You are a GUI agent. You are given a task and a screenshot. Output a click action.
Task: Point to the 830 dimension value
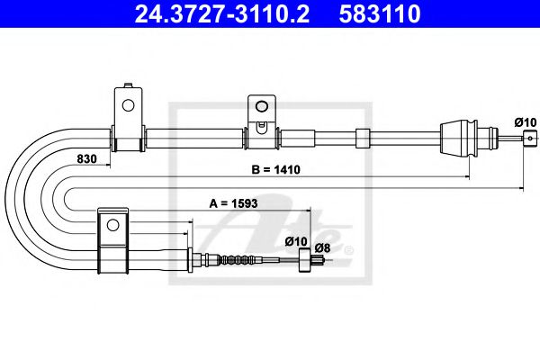coord(87,159)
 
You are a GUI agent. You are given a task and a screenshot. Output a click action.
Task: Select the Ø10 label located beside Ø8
coord(295,240)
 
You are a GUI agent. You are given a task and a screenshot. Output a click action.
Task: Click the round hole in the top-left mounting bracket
coord(127,105)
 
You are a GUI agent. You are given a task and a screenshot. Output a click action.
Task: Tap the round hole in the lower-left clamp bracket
coord(112,225)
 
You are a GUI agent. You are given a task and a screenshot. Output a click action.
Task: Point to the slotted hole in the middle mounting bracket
coord(260,115)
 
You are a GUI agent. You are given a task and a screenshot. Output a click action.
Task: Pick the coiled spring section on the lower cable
coord(243,261)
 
